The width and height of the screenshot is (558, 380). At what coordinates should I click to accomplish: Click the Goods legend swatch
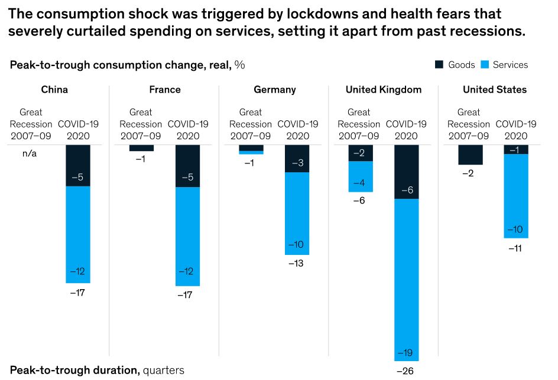click(x=439, y=64)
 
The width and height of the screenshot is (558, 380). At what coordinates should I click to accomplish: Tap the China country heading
click(x=54, y=90)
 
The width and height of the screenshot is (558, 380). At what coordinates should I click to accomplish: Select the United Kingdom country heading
click(x=384, y=90)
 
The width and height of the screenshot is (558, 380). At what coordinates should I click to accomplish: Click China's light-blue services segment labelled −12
click(x=78, y=235)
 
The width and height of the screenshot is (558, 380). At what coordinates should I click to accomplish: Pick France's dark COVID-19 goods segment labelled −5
click(x=188, y=166)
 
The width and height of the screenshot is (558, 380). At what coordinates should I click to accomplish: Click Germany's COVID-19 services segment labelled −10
click(x=297, y=214)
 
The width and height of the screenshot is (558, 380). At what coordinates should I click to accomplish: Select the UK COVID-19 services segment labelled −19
click(x=406, y=280)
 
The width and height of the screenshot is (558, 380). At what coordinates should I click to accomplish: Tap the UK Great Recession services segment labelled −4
click(x=361, y=176)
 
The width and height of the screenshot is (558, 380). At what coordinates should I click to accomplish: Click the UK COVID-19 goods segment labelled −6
click(x=406, y=172)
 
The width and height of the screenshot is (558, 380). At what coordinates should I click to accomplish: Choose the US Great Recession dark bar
click(x=471, y=155)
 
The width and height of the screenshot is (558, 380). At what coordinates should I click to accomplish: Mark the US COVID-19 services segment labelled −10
click(x=516, y=196)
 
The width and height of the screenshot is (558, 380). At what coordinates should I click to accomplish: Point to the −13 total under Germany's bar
click(x=296, y=263)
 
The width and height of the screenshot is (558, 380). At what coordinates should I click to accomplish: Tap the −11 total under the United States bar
click(x=515, y=248)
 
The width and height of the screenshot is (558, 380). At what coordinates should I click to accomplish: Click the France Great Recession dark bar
click(x=141, y=148)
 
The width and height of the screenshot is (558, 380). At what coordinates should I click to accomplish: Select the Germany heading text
click(x=275, y=90)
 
